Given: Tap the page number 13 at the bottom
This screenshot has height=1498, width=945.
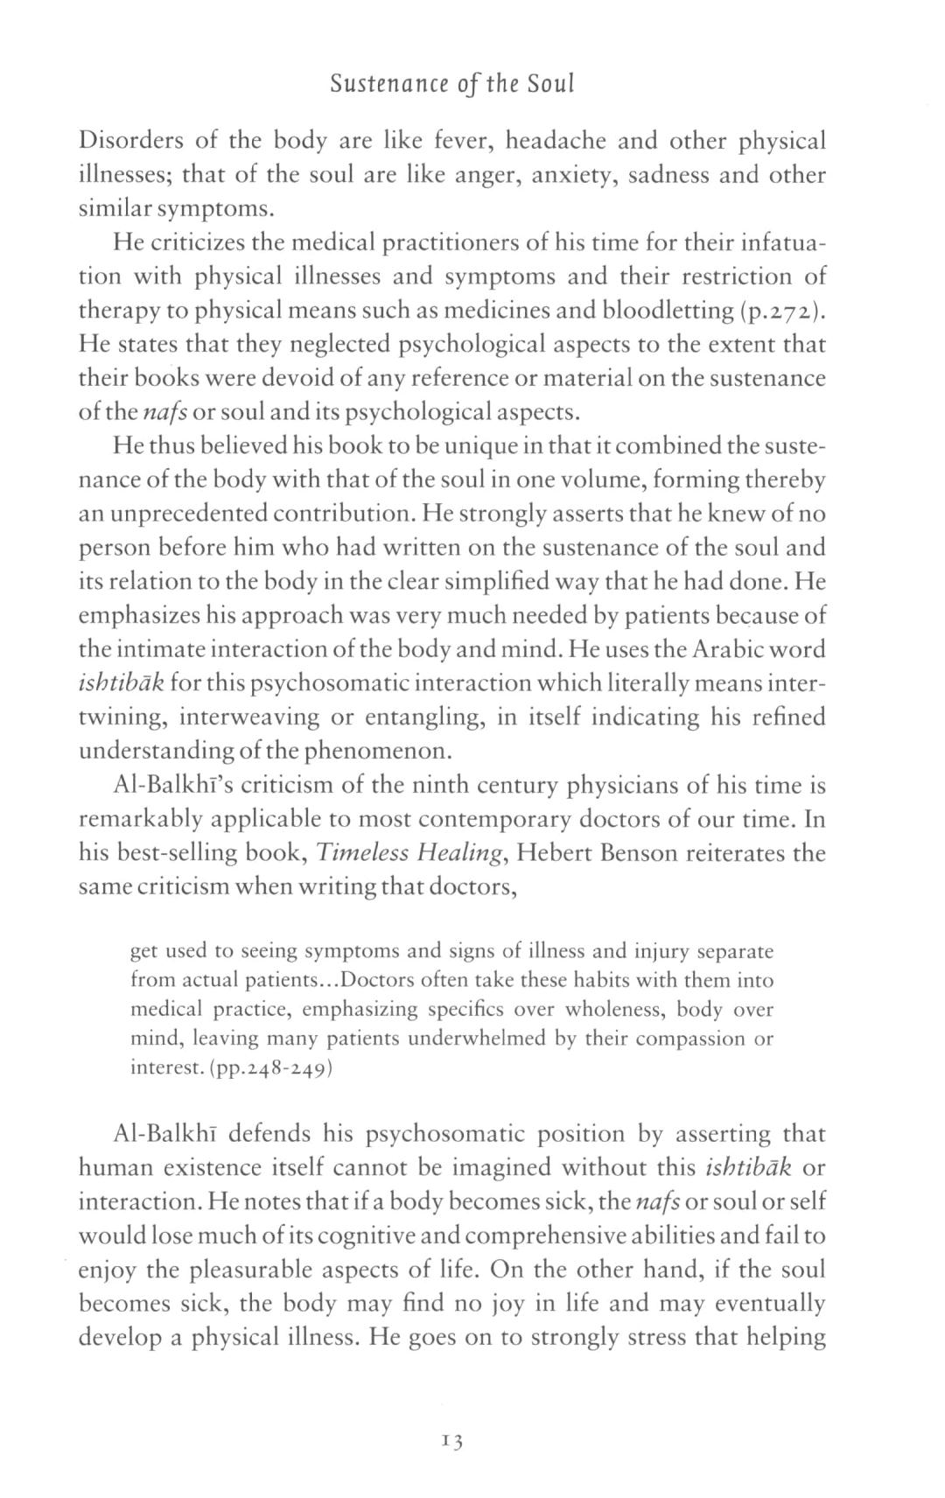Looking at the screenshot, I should click(x=452, y=1440).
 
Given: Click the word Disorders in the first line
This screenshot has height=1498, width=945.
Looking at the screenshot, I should click(x=132, y=141).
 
